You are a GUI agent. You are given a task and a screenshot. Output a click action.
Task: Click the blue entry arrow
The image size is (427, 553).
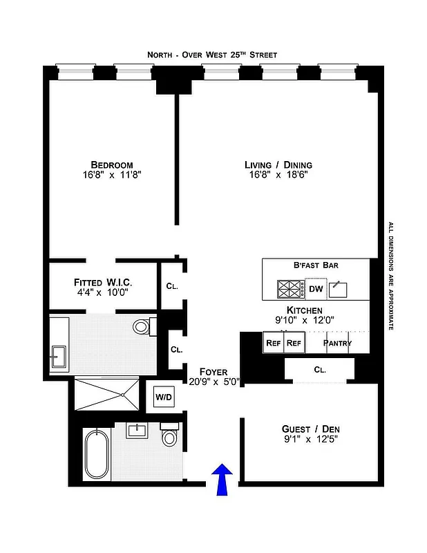coord(222,479)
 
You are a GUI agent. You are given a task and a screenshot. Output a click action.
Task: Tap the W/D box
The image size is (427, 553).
coord(164,397)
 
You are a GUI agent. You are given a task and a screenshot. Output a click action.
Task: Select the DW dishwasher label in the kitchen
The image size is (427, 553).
coord(315,289)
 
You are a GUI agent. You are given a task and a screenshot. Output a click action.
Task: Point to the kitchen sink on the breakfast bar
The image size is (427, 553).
coord(340,288)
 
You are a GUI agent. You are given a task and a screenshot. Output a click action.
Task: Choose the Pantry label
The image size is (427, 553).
coord(337,343)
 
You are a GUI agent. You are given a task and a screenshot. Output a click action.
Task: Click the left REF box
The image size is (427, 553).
coord(272,343)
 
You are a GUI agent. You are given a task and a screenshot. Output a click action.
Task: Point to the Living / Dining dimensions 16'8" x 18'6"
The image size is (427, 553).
coord(278,176)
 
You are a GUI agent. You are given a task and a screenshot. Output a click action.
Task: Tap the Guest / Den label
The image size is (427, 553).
coord(311,429)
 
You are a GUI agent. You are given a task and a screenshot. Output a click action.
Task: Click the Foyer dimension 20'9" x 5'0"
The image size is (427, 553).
coord(213,381)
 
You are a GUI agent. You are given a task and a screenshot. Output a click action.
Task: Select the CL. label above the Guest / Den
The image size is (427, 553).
coord(319,370)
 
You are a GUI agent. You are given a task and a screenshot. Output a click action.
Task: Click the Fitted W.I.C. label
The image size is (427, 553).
coord(103,283)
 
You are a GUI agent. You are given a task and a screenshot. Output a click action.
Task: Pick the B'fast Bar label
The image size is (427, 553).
coord(316,265)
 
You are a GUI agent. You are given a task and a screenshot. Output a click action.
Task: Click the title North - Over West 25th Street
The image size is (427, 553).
coord(213,55)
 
